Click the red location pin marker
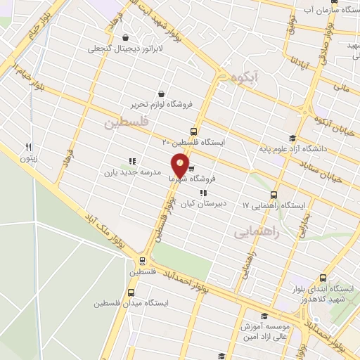coord(181,165)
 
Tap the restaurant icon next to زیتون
coord(29,147)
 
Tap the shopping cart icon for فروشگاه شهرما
coord(191,169)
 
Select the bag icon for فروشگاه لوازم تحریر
coord(162,94)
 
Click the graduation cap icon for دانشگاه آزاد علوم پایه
coord(292,138)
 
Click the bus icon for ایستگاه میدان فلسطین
coord(131,293)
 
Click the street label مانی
coord(341,88)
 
